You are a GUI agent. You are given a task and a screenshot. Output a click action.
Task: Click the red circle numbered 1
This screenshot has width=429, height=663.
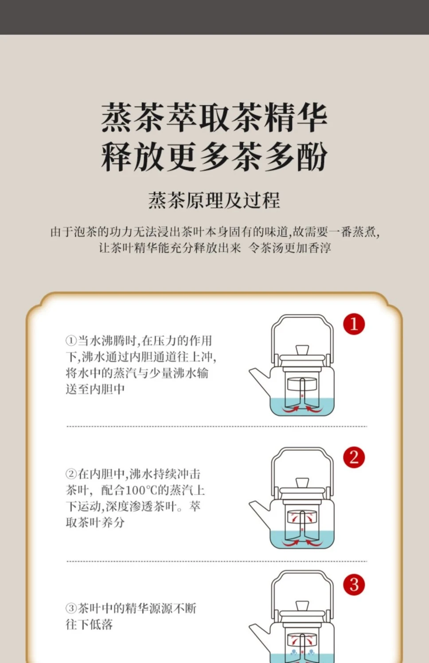point(354,324)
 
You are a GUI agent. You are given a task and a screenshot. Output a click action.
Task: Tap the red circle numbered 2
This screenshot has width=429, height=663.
point(354,457)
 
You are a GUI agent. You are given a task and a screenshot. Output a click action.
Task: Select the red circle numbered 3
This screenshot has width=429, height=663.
point(354,585)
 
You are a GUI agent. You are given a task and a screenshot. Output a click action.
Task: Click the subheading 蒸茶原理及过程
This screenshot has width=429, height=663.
point(214,200)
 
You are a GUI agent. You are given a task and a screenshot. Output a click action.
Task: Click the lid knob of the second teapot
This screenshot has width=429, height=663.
point(302,483)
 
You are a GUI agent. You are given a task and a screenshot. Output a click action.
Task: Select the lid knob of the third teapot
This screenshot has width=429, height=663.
point(302,606)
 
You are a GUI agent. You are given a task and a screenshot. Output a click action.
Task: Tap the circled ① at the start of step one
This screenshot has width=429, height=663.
point(71,341)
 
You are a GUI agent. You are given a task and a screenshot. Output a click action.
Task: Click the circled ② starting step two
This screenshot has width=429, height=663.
point(71,474)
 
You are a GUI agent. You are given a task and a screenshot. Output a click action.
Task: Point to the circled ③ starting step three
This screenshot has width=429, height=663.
point(71,608)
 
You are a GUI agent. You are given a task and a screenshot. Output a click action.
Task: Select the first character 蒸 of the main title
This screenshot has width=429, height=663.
point(117,117)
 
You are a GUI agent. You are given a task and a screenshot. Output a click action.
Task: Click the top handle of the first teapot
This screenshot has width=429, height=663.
point(302,316)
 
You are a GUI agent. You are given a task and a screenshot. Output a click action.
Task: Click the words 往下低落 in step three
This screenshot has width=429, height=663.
point(89,624)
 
